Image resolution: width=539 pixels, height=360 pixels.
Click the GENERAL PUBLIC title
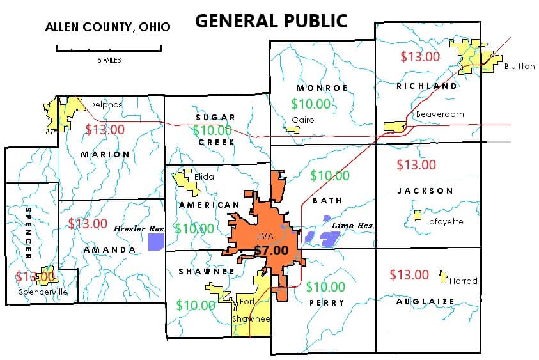coord(271,20)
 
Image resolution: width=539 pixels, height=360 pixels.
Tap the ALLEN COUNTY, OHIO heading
coord(107,27)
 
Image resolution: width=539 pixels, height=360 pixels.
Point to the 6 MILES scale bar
coord(109,48)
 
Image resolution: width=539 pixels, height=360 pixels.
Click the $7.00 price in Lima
coord(271,251)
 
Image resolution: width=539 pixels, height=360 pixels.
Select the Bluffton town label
coord(519,66)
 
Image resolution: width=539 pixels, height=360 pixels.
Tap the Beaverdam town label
coord(439,114)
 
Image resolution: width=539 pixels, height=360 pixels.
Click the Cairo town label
coord(302,120)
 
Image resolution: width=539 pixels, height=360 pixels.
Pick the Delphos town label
coord(105,104)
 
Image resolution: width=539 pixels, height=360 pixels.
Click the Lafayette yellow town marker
coord(418,215)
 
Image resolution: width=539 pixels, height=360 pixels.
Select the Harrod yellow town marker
coord(442,278)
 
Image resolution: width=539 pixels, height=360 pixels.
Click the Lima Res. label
coord(352,226)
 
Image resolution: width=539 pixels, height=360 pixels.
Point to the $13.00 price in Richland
coord(420,56)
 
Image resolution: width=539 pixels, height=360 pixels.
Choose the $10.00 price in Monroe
coord(311,104)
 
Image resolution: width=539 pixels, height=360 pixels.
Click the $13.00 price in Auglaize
coord(409,274)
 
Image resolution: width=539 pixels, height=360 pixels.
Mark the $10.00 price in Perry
coord(325,287)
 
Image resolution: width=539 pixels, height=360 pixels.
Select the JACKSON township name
coord(425,191)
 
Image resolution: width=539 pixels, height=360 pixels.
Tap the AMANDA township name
coord(109,249)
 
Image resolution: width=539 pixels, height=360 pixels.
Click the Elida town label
coord(205,176)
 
